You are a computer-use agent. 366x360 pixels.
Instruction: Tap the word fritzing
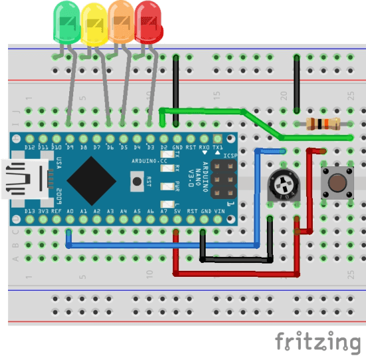(x=317, y=341)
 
